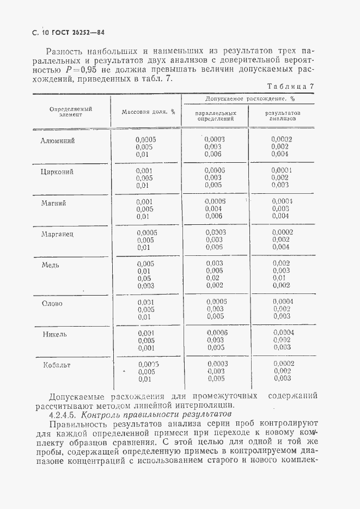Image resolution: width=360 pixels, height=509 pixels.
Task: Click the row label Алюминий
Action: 57,140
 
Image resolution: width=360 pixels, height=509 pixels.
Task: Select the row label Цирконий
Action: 57,171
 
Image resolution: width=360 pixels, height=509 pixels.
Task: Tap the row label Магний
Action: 54,203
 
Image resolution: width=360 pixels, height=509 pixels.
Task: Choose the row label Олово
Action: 53,303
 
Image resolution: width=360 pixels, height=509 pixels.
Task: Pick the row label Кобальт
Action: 57,365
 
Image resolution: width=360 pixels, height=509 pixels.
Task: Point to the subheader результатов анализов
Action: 282,115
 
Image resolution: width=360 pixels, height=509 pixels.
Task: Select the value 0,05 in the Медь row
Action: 144,278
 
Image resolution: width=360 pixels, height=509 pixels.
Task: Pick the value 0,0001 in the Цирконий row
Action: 282,170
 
